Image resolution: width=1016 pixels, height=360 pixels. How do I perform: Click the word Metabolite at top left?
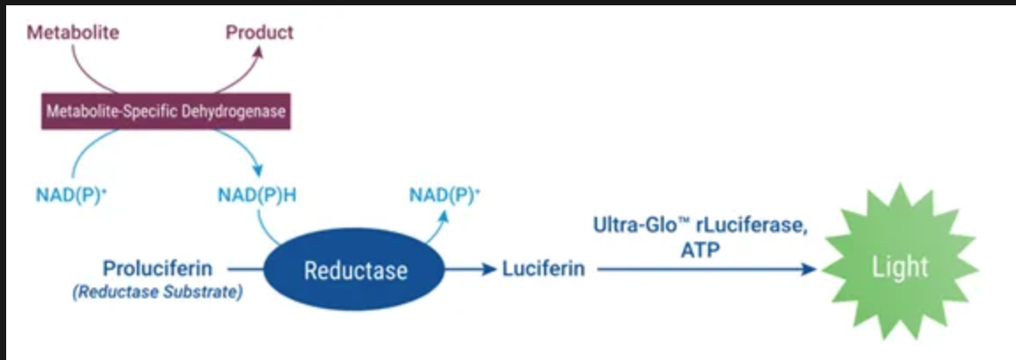(x=72, y=34)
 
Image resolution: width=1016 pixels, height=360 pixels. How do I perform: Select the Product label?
(x=259, y=34)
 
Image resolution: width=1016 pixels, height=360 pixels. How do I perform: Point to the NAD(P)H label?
(x=256, y=195)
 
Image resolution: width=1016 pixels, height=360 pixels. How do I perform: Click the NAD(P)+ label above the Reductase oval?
(x=444, y=195)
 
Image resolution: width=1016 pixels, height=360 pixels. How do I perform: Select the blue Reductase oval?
(x=355, y=269)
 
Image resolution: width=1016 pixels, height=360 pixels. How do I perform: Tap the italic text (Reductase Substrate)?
(x=157, y=292)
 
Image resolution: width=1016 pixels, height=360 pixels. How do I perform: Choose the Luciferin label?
(x=543, y=269)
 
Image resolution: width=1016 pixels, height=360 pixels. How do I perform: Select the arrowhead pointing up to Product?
(x=258, y=52)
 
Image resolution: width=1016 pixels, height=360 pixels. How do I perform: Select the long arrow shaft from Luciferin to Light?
(x=697, y=269)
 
